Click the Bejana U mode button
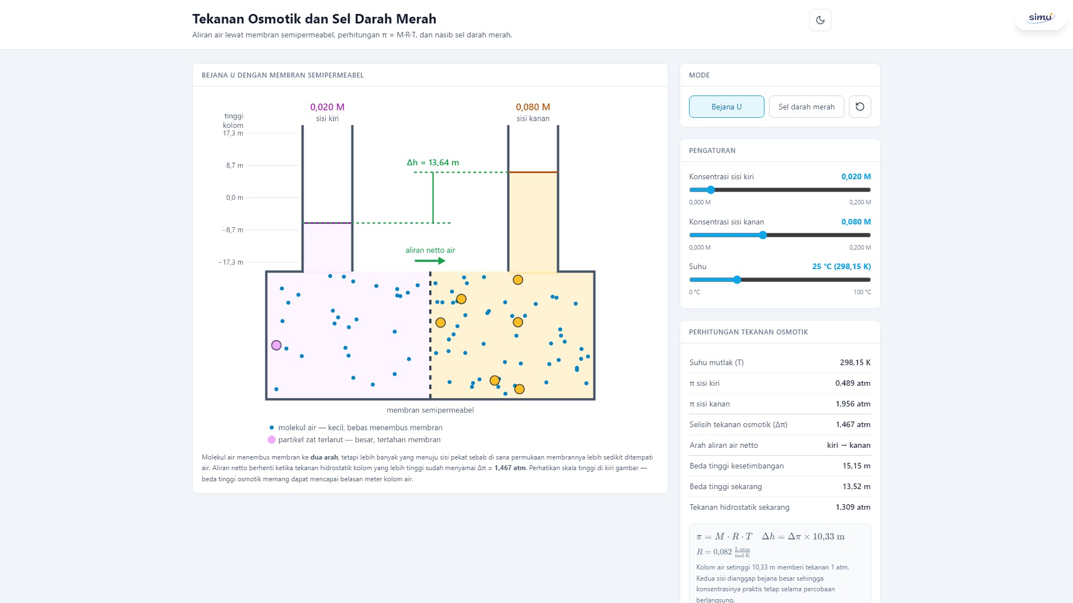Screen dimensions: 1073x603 pos(727,107)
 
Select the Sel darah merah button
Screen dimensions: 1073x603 pos(806,107)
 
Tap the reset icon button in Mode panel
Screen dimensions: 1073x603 pos(860,107)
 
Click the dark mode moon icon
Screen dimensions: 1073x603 pos(820,20)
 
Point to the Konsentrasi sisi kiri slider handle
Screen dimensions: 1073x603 pos(711,190)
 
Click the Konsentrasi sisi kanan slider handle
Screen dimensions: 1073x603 pos(763,235)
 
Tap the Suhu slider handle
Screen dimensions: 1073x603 pos(737,280)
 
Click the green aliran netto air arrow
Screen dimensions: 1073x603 pos(430,261)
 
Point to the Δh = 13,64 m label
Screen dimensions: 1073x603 pos(433,162)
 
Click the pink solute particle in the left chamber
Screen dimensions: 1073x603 pos(276,345)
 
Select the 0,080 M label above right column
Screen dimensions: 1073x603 pos(533,107)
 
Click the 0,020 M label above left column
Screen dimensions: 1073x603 pos(327,107)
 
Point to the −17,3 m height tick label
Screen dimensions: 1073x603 pos(231,262)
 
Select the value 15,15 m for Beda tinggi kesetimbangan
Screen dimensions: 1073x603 pos(857,466)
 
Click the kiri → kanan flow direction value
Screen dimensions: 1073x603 pos(849,445)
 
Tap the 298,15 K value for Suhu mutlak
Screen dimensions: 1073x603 pos(855,362)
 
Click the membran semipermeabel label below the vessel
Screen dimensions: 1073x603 pos(430,410)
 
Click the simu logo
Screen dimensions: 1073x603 pos(1041,17)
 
